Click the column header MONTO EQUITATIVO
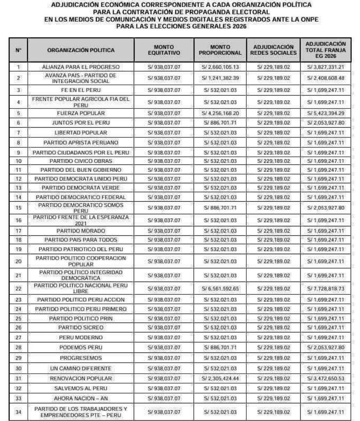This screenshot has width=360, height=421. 164,50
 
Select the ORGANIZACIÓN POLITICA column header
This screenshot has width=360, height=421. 81,50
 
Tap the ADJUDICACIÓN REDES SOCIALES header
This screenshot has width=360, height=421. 273,50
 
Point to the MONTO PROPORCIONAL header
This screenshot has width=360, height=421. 220,50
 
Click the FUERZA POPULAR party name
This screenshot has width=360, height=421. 81,113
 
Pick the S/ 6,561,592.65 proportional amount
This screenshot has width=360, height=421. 220,289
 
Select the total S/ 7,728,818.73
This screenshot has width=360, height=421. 326,289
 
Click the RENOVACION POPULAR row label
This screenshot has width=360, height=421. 81,379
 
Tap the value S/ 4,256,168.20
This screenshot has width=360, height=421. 220,113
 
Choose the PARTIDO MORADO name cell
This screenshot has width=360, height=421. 81,231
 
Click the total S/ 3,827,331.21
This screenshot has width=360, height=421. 326,67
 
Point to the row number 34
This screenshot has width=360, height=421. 18,412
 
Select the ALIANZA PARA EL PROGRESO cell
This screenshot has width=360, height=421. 81,67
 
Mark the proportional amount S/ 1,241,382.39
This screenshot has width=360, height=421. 220,78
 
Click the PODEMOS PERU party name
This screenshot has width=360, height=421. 81,348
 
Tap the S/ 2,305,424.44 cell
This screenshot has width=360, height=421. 220,379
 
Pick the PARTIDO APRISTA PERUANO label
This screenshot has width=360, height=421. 81,143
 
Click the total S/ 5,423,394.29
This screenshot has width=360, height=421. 326,113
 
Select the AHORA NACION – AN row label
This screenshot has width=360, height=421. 81,398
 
